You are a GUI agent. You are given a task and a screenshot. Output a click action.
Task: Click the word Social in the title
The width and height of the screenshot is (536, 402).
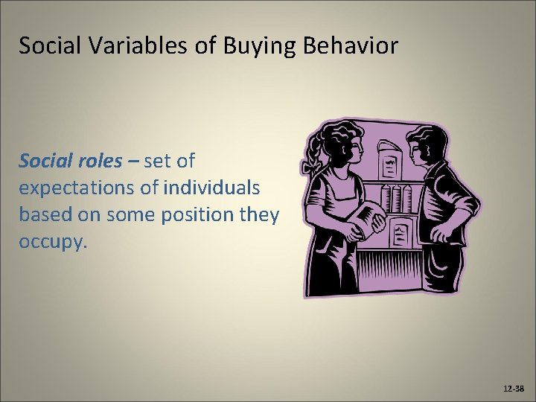coord(45,46)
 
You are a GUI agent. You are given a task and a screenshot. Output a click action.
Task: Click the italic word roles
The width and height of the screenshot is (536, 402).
coord(95,161)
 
